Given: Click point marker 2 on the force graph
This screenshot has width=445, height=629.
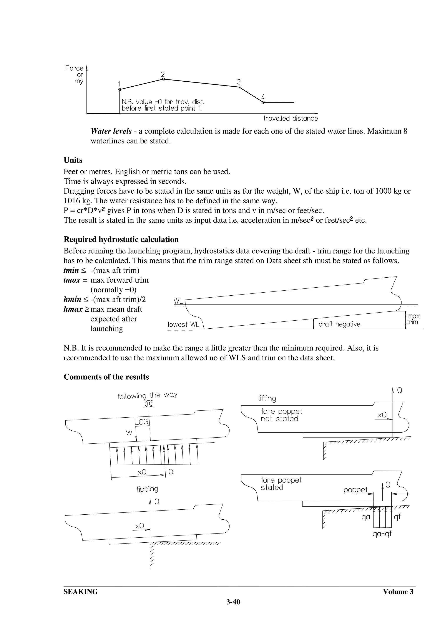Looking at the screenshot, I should coord(163,79).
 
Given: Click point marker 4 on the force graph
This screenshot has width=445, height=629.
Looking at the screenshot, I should coord(263,102).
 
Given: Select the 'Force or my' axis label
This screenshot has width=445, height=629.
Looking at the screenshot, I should coord(75,74).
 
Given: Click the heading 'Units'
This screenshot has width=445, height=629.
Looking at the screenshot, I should coord(73,160).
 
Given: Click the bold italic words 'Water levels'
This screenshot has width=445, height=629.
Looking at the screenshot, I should coord(111,131).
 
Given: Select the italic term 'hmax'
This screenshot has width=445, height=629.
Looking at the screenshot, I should coord(73,309).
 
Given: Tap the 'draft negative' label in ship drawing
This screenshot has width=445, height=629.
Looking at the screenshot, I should coord(339,324).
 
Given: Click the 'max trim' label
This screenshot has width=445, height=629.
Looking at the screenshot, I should coord(413,319).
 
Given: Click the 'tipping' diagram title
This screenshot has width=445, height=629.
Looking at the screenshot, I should coord(147,489).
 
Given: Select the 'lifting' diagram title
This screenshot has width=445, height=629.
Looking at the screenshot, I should coord(267,398).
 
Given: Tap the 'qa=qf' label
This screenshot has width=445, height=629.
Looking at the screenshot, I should coord(382,534).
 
